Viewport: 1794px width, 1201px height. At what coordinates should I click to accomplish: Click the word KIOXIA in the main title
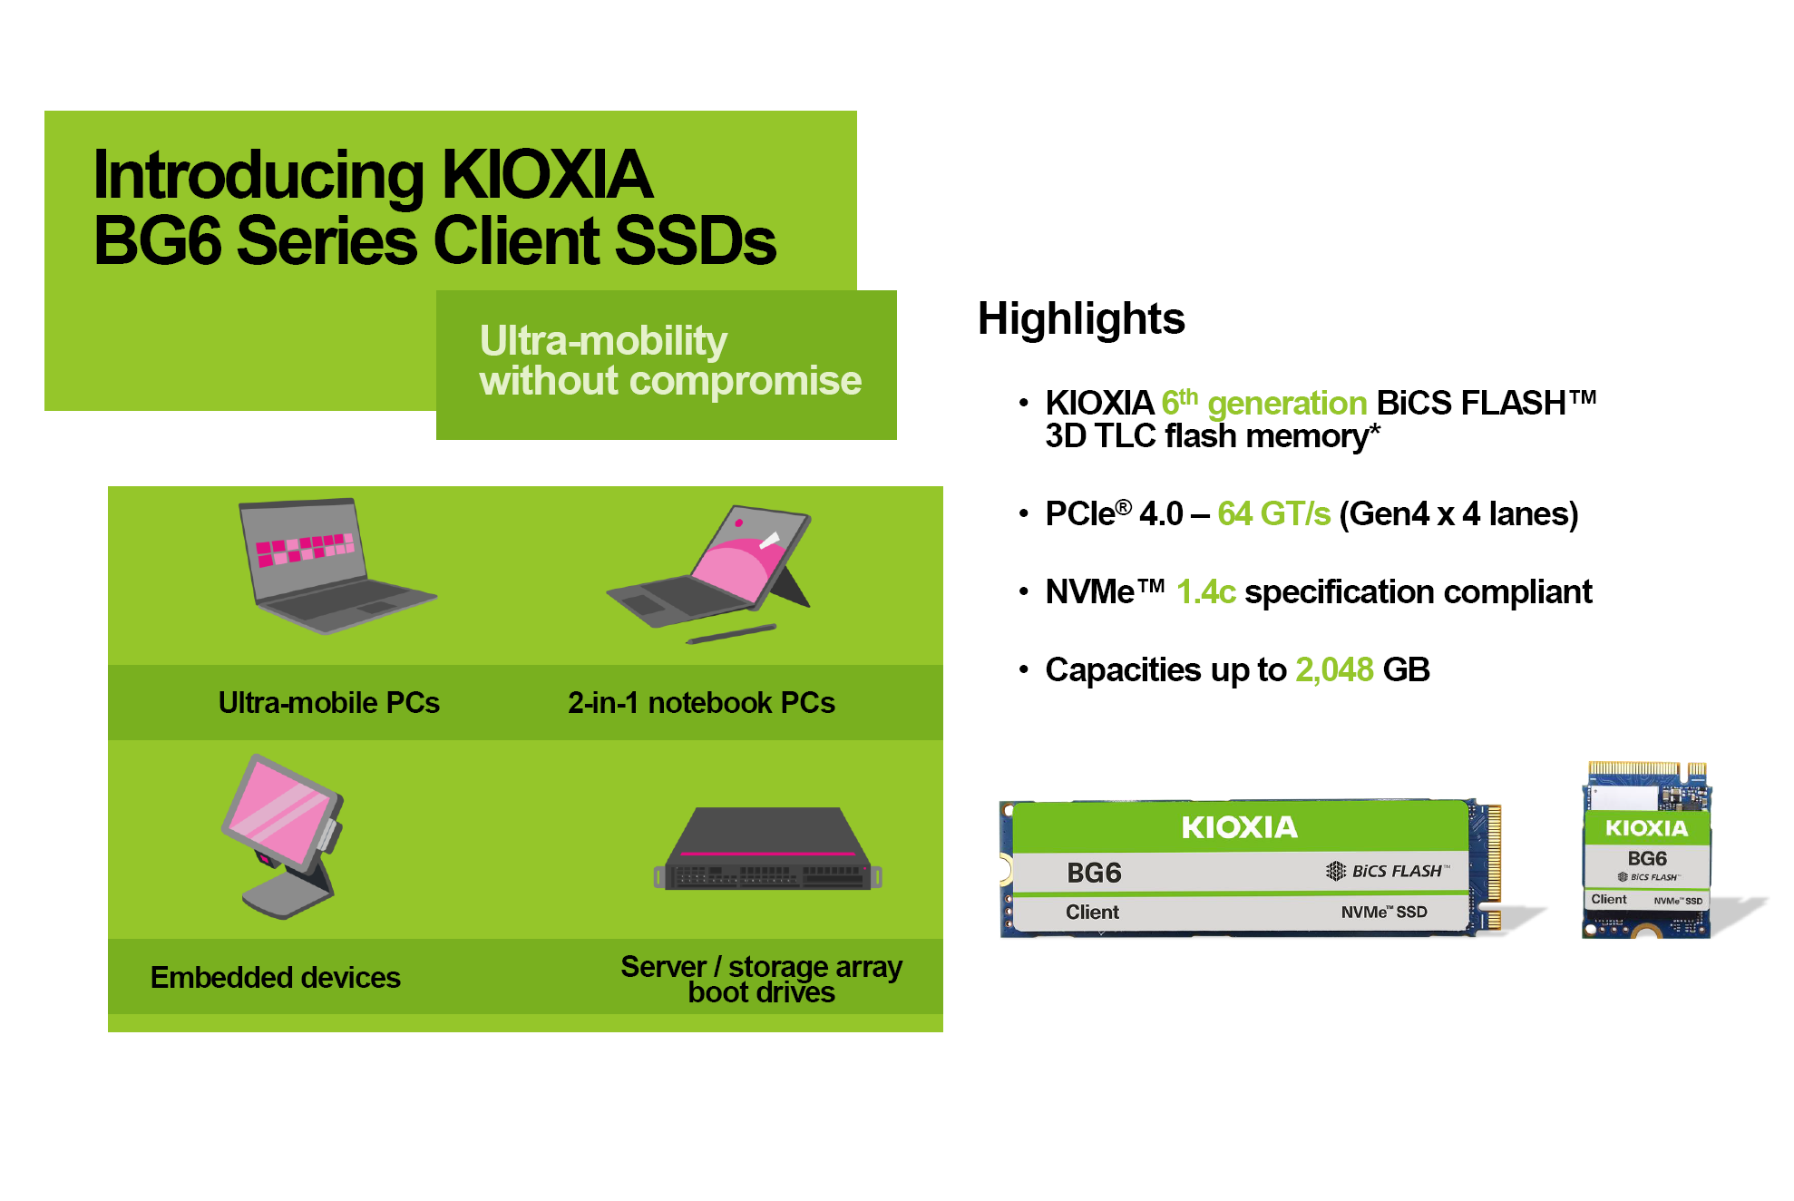[x=547, y=175]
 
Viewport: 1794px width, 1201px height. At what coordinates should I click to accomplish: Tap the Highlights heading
[x=1080, y=319]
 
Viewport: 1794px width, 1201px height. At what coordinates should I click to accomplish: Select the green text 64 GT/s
[x=1273, y=514]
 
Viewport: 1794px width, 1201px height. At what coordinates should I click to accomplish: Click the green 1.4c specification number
[x=1205, y=592]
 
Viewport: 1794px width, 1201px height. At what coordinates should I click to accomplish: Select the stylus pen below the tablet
[x=731, y=633]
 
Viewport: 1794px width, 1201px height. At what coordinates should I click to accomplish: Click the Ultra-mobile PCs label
[x=328, y=703]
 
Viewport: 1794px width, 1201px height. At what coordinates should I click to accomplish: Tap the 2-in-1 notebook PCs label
[x=701, y=703]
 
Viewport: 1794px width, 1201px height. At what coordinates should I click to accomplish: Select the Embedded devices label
[x=275, y=978]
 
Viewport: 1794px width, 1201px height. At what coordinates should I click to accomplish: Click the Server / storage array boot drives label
[x=761, y=979]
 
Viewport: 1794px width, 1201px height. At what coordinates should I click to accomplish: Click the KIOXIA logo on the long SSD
[x=1239, y=827]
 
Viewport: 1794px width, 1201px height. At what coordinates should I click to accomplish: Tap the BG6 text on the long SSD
[x=1094, y=873]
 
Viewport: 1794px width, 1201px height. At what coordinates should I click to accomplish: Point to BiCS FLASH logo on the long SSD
[x=1388, y=871]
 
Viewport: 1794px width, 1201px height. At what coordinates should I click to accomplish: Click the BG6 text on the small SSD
[x=1646, y=858]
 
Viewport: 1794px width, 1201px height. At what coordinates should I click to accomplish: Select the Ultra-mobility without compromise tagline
[x=669, y=361]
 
